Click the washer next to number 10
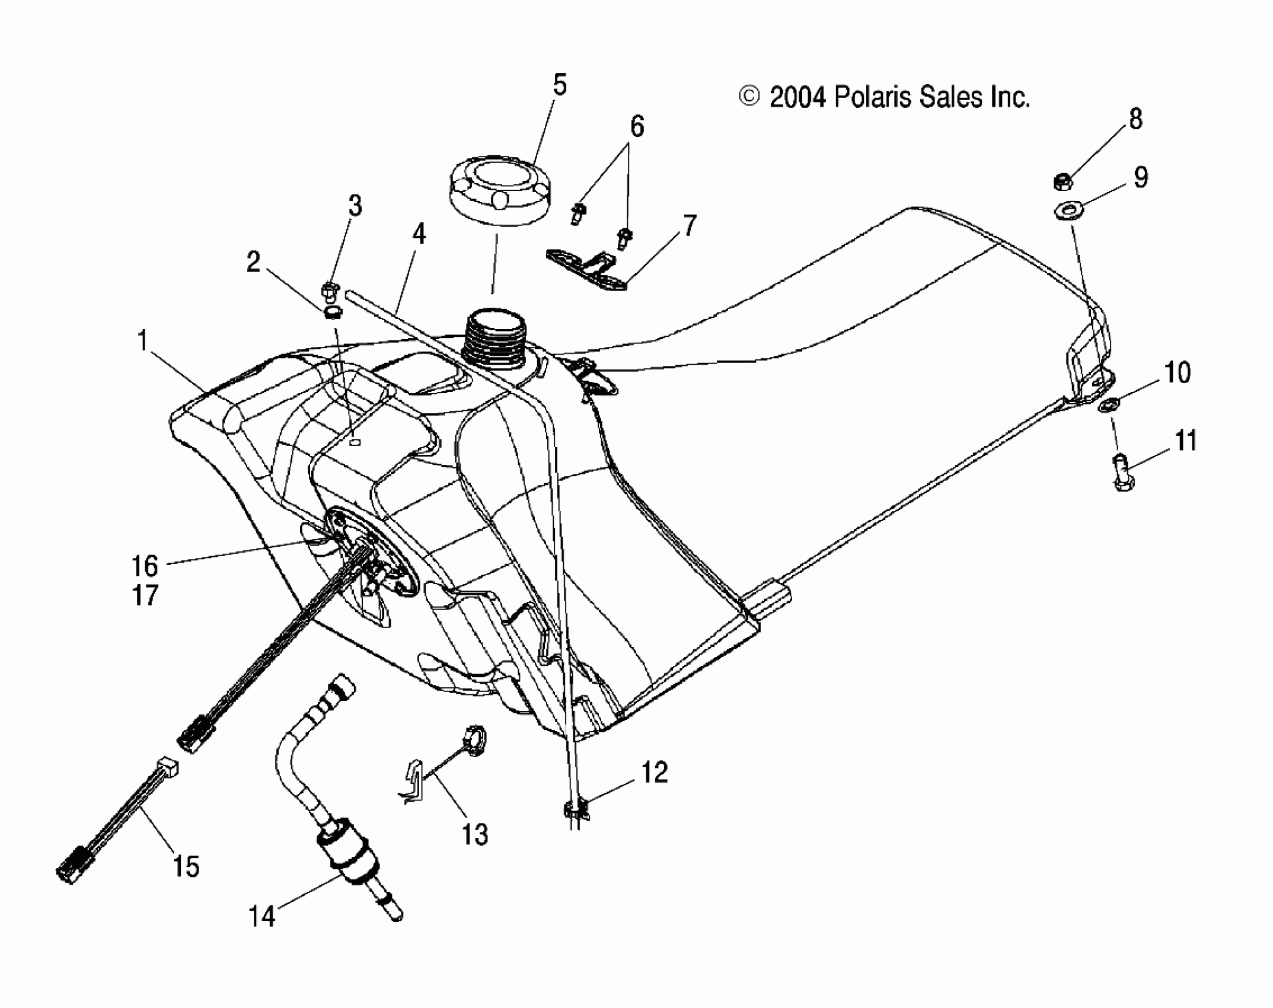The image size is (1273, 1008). click(x=1108, y=406)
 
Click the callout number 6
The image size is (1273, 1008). click(x=637, y=126)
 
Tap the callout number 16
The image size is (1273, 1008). click(x=145, y=566)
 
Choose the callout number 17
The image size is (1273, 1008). click(x=145, y=595)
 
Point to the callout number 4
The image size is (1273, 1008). click(x=419, y=234)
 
